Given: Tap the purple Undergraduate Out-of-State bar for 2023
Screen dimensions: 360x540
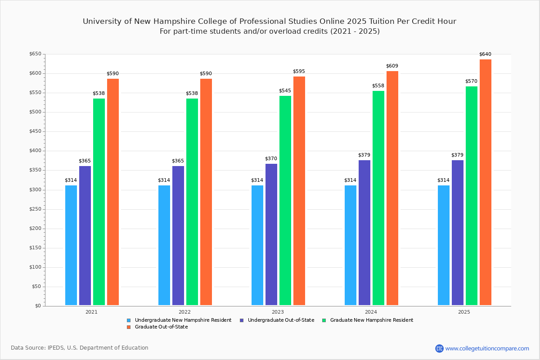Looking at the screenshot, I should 271,234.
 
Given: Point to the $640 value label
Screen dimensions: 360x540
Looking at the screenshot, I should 485,54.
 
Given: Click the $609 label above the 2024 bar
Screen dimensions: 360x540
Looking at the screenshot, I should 392,66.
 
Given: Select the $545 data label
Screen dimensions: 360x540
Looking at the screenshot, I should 285,91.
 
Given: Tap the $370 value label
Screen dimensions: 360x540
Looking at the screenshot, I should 271,159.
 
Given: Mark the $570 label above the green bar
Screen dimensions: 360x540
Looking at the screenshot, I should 471,81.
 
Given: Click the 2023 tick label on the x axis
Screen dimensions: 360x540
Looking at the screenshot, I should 278,312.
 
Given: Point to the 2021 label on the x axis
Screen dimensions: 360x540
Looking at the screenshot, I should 91,312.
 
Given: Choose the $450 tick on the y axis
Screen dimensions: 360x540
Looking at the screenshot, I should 35,132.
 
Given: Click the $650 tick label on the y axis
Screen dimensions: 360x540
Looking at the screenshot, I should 35,54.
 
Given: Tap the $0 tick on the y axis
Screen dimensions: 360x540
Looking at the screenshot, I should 37,306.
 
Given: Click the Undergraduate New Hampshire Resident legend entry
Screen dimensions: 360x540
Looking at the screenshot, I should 183,320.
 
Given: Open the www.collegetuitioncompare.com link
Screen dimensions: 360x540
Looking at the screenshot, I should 487,348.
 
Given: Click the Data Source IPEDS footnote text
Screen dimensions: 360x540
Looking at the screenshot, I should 80,348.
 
